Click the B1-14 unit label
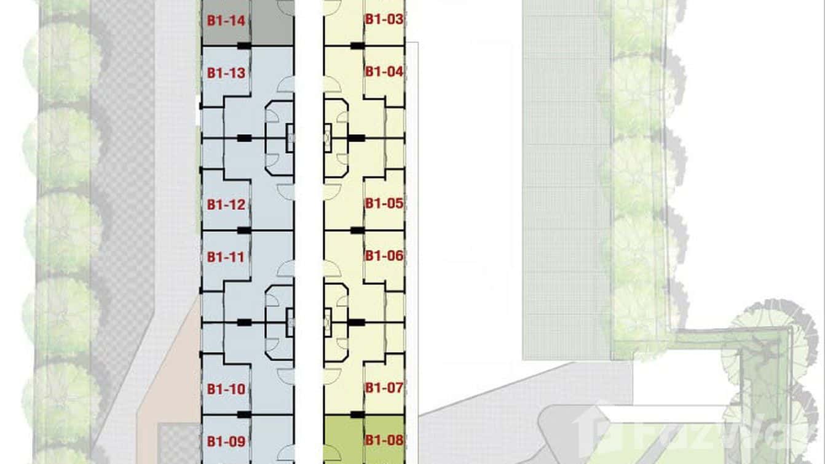[x=226, y=21]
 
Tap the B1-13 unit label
[x=226, y=73]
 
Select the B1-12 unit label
[x=226, y=205]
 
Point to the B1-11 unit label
[x=226, y=257]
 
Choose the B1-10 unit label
[x=226, y=389]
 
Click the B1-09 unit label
[x=226, y=441]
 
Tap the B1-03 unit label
[x=384, y=19]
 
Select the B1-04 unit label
[x=384, y=71]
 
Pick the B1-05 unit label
[x=384, y=203]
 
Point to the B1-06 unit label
[x=384, y=255]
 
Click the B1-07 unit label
[x=384, y=388]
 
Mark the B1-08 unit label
[x=384, y=440]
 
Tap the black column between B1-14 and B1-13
[x=244, y=46]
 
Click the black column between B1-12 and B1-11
[x=244, y=230]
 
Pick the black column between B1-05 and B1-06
[x=357, y=230]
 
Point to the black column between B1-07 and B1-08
[x=357, y=415]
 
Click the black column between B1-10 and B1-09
[x=244, y=415]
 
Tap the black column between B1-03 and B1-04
[x=357, y=46]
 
